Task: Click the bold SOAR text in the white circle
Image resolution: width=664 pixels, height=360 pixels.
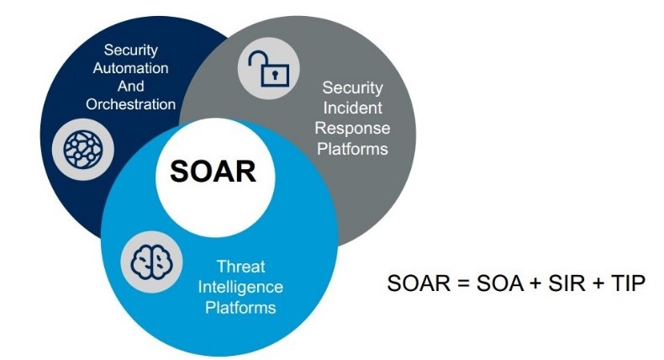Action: pyautogui.click(x=213, y=172)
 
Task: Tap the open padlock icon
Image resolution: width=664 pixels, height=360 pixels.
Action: pyautogui.click(x=268, y=69)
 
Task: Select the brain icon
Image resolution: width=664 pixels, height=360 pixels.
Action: pyautogui.click(x=151, y=262)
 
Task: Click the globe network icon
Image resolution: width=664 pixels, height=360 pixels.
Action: pyautogui.click(x=83, y=150)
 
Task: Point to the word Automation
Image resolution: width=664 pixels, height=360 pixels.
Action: pyautogui.click(x=131, y=68)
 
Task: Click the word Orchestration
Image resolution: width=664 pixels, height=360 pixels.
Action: pyautogui.click(x=131, y=104)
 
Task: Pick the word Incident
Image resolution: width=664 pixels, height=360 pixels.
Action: pyautogui.click(x=352, y=108)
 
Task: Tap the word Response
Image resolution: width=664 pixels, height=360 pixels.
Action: pyautogui.click(x=352, y=129)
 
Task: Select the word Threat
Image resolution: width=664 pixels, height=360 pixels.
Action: pyautogui.click(x=240, y=267)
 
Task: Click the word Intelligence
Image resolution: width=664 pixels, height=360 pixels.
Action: pyautogui.click(x=240, y=287)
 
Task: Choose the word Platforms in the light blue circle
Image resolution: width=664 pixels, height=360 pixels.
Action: pyautogui.click(x=240, y=307)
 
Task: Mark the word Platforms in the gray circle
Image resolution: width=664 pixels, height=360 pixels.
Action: pyautogui.click(x=352, y=149)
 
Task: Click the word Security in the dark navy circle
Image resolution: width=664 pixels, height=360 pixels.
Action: pyautogui.click(x=131, y=50)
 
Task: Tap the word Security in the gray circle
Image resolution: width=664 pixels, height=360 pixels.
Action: pyautogui.click(x=352, y=87)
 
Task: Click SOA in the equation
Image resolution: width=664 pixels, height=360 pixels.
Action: pyautogui.click(x=500, y=283)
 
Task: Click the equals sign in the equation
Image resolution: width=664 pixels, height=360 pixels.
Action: pyautogui.click(x=463, y=283)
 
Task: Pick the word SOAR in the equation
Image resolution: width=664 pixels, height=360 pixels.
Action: pyautogui.click(x=419, y=283)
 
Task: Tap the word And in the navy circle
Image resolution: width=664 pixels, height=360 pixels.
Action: pyautogui.click(x=131, y=86)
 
